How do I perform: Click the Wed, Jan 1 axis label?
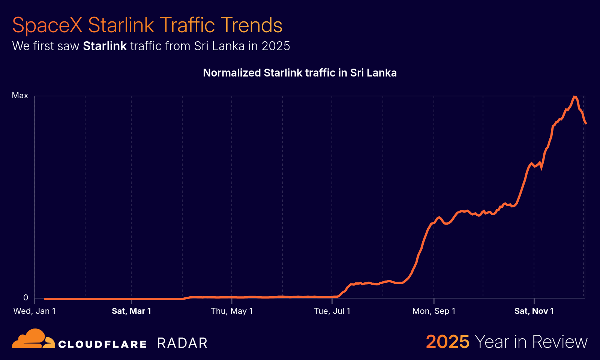coord(34,311)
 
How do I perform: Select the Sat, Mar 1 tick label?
coord(131,311)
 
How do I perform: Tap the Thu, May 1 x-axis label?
coord(232,311)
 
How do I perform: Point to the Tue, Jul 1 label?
coord(332,311)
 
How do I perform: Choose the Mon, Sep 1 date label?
coord(434,311)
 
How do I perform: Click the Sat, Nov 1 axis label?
coord(534,311)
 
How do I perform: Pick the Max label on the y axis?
coord(20,96)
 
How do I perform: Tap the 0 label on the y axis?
coord(25,298)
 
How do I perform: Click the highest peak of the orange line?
coord(574,97)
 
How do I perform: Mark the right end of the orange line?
coord(585,123)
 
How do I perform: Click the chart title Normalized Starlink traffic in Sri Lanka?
coord(300,73)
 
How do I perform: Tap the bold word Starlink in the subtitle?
coord(105,46)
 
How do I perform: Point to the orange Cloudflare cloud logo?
coord(33,339)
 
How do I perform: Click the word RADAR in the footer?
coord(182,343)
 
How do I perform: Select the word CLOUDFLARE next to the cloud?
coord(102,344)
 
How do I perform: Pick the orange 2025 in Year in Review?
coord(447,342)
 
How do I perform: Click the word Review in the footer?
coord(559,342)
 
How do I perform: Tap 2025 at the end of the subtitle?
coord(276,46)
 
